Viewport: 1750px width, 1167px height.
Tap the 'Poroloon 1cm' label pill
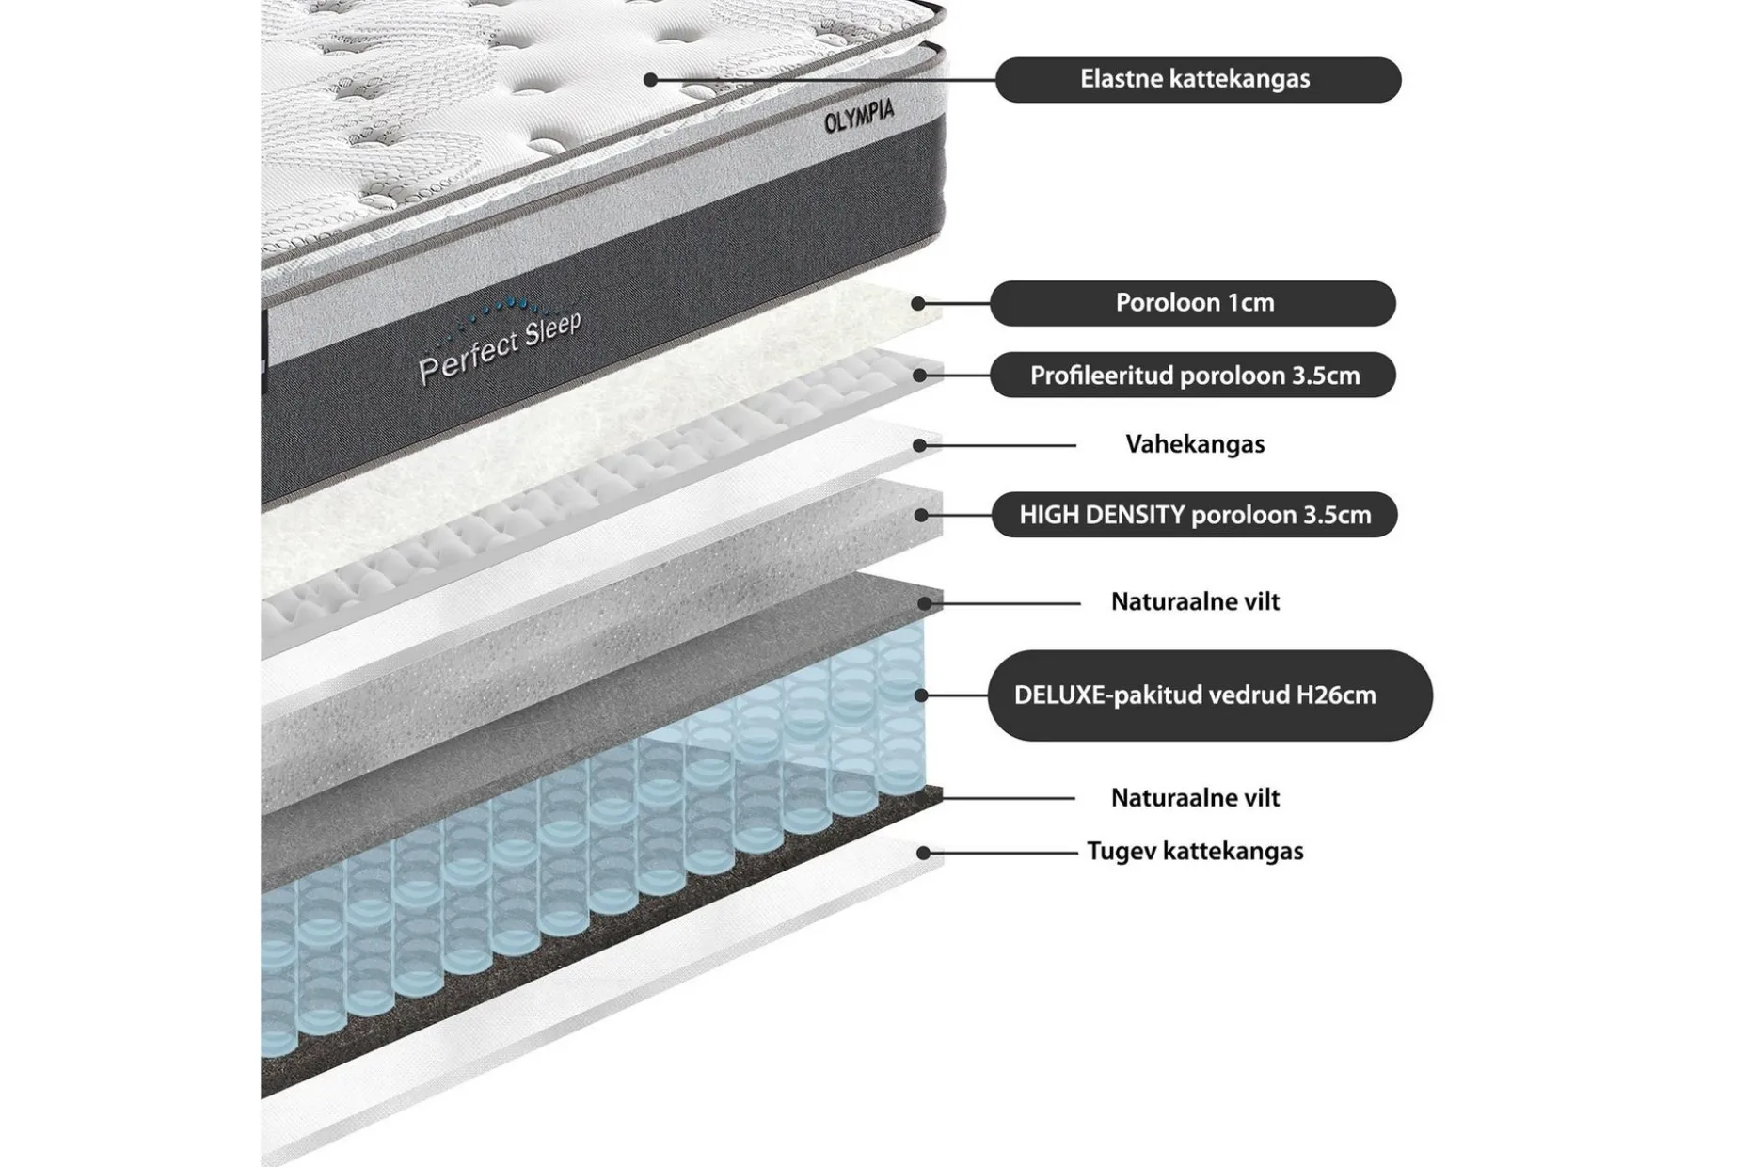click(x=1193, y=303)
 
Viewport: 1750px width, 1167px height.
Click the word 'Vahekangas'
click(x=1195, y=444)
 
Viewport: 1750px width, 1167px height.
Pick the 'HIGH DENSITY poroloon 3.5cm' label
click(x=1194, y=515)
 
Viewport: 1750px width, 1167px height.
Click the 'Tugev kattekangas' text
click(x=1195, y=852)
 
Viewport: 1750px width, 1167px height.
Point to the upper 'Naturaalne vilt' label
click(x=1195, y=601)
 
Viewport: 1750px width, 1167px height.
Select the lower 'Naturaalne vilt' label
click(x=1195, y=798)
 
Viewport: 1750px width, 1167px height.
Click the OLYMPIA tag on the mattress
click(x=859, y=117)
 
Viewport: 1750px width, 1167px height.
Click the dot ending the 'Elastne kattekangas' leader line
click(x=650, y=80)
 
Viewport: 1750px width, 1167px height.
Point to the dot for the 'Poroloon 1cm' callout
click(x=918, y=304)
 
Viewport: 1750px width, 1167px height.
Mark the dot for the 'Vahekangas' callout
click(x=920, y=445)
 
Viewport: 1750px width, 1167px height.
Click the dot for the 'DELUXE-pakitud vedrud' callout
click(x=921, y=695)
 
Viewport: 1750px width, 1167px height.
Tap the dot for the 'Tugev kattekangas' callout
click(x=924, y=853)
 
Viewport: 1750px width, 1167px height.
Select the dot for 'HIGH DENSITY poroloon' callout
click(x=921, y=516)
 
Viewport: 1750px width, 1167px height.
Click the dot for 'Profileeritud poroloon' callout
click(x=920, y=375)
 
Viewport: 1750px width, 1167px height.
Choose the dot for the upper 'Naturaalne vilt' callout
click(x=925, y=602)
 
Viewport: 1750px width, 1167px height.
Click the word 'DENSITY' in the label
click(x=1138, y=515)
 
